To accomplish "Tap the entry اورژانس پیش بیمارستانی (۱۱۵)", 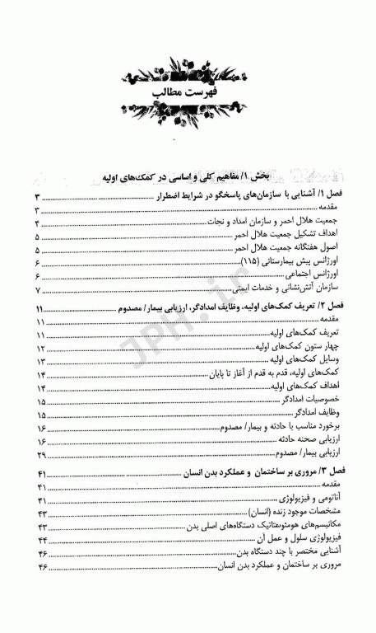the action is click(291, 261).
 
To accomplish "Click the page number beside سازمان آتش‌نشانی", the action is click(37, 289).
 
